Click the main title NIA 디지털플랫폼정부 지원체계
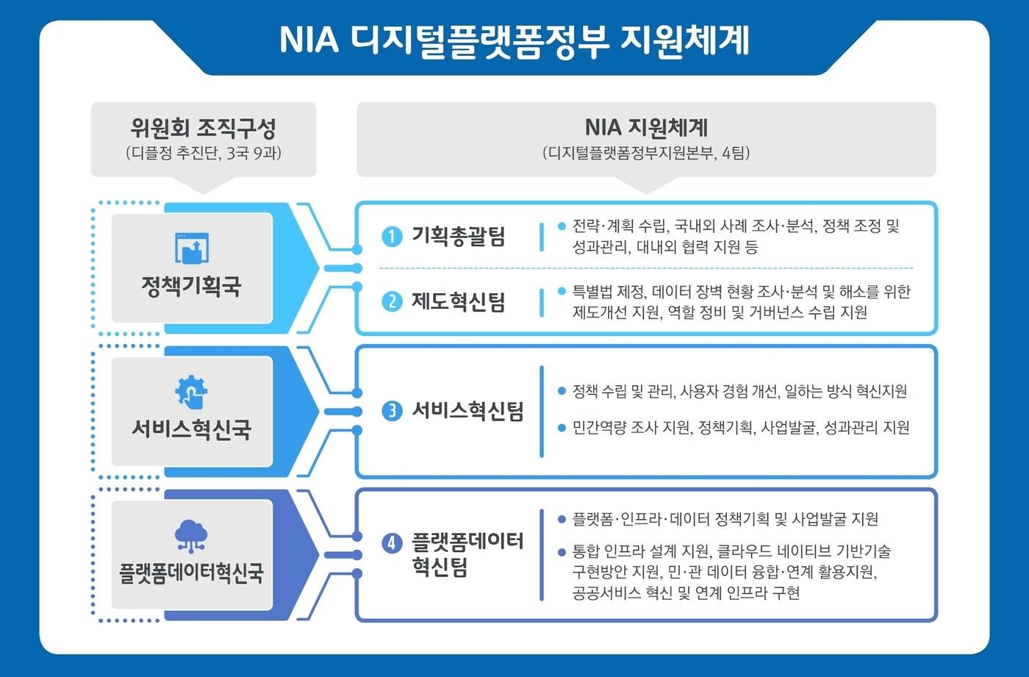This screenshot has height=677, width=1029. click(x=514, y=40)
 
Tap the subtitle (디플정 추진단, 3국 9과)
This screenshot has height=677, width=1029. click(x=203, y=154)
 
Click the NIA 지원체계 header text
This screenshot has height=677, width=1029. click(x=645, y=127)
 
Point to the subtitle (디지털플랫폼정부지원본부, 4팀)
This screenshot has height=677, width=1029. click(x=645, y=154)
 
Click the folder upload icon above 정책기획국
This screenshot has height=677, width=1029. click(x=192, y=248)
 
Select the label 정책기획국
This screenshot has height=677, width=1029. click(x=191, y=287)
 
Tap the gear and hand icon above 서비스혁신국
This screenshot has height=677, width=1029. click(x=191, y=392)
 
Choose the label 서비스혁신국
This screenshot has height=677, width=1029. click(x=191, y=429)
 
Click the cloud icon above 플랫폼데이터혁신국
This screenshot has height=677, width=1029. click(x=191, y=535)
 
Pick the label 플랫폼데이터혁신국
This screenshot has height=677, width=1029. click(x=191, y=573)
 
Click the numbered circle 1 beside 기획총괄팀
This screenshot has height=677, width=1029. click(x=392, y=237)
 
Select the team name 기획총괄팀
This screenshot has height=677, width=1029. click(x=458, y=237)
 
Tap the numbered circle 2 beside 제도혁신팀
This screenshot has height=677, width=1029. click(x=392, y=302)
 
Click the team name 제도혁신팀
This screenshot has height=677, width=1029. click(x=458, y=302)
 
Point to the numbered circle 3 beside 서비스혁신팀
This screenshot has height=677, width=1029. click(x=392, y=411)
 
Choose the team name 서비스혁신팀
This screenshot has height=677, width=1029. click(x=467, y=411)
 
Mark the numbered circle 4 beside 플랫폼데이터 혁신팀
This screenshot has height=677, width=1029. click(x=392, y=543)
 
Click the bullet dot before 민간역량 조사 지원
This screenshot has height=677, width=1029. click(x=562, y=427)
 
